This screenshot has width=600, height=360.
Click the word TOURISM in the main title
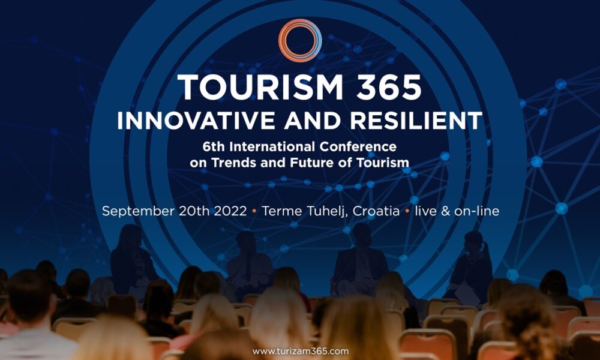coord(260,87)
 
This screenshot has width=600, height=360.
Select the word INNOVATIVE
coord(196,121)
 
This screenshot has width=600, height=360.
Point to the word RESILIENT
coord(416,121)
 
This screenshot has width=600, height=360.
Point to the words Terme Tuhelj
coord(305,211)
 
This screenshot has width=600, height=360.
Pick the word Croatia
coord(376,211)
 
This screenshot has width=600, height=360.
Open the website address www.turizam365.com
coord(301,351)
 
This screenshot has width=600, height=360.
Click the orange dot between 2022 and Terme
coord(254,211)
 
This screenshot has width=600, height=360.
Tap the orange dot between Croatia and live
coord(407,211)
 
